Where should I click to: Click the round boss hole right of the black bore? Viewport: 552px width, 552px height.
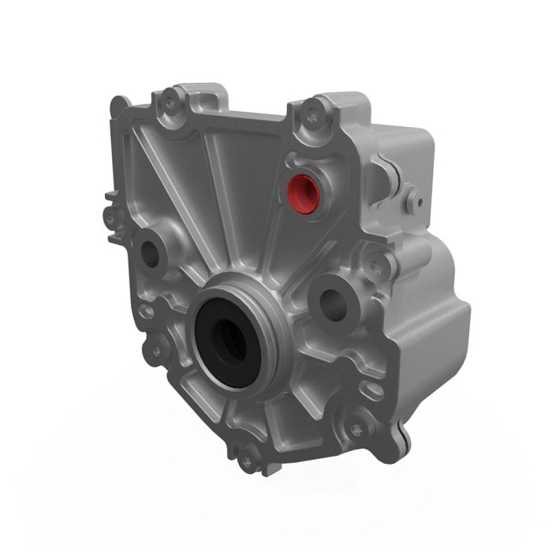click(330, 298)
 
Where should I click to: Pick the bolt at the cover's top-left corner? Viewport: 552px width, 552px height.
click(170, 100)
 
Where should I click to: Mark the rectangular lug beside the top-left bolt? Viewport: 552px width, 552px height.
click(207, 96)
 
